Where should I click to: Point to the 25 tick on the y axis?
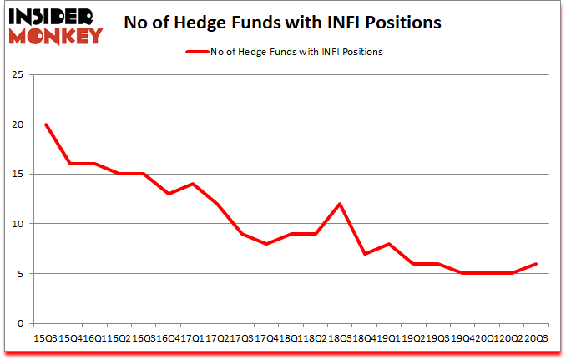(x=16, y=75)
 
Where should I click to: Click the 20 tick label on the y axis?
(x=16, y=124)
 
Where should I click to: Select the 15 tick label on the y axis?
(x=16, y=174)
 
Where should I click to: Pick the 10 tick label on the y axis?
(x=16, y=224)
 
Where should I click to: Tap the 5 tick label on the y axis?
(x=18, y=273)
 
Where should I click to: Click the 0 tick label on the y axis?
(x=18, y=323)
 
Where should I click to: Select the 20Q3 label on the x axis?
(x=535, y=338)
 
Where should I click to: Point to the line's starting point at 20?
(x=46, y=124)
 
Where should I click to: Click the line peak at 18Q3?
(x=340, y=204)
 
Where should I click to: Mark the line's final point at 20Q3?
(x=535, y=264)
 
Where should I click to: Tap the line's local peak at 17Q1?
(x=193, y=184)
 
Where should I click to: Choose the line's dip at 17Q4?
(x=266, y=244)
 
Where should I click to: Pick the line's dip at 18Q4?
(x=364, y=254)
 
